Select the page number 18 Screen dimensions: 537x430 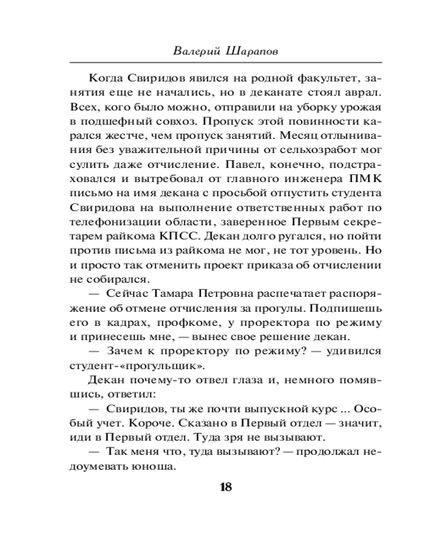pos(225,488)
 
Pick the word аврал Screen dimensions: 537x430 pos(364,92)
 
